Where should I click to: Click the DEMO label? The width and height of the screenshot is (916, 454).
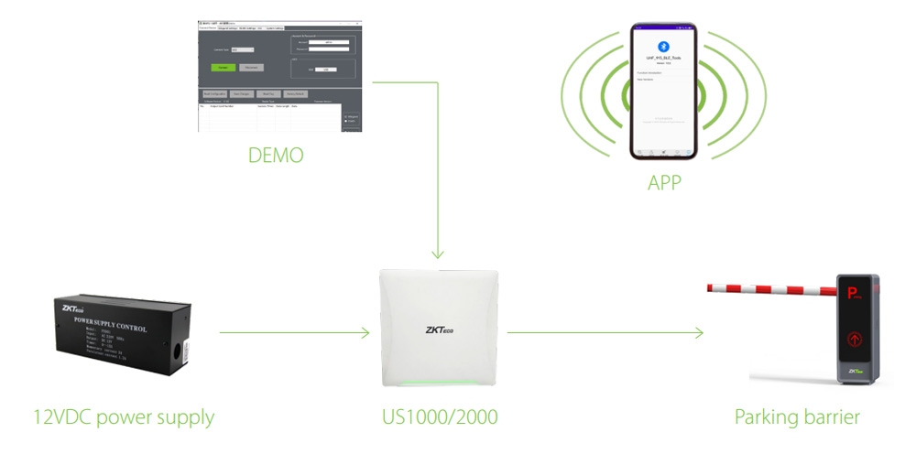click(275, 156)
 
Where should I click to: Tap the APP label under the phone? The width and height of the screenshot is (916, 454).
click(664, 183)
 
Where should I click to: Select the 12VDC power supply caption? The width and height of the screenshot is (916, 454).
click(123, 418)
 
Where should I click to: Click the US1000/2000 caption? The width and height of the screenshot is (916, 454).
click(440, 418)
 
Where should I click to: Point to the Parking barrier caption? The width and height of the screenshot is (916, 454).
click(797, 418)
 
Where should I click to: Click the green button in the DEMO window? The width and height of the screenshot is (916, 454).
click(222, 67)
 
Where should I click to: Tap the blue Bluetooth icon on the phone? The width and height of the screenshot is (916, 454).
click(665, 47)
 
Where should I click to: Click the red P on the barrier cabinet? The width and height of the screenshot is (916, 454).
click(852, 294)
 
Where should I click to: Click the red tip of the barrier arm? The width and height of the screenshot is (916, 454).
click(711, 287)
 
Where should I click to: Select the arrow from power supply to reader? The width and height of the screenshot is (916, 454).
click(293, 334)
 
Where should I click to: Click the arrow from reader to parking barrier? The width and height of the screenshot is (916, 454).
click(605, 334)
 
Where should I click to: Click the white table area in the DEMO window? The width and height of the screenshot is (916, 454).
click(266, 117)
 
